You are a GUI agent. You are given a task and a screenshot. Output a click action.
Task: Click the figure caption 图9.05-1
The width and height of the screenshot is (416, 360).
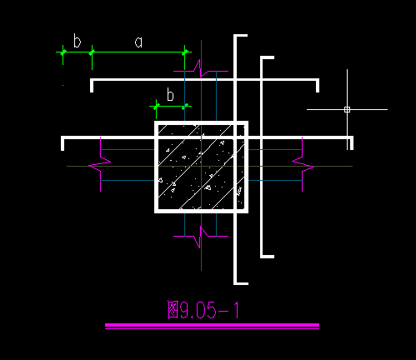(x=203, y=310)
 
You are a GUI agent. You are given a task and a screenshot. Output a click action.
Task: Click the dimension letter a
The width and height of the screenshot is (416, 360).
(x=138, y=42)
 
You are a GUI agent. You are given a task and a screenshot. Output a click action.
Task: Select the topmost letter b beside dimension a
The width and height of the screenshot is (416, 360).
(x=77, y=41)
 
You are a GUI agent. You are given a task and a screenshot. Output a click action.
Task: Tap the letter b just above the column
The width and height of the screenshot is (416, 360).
(x=170, y=94)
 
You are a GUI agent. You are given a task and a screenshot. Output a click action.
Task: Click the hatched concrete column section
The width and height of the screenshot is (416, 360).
(x=201, y=167)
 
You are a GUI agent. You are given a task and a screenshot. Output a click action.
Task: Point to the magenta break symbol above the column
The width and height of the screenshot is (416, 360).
(x=201, y=69)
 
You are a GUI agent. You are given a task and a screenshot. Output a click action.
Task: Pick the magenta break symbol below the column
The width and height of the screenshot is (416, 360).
(x=201, y=237)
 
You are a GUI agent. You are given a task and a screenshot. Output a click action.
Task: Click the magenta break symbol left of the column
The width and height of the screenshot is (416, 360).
(x=100, y=164)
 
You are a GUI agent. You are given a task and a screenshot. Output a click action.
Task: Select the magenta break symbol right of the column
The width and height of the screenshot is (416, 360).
(x=303, y=164)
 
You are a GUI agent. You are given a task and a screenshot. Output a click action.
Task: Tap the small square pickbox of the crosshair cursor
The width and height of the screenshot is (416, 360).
(x=347, y=109)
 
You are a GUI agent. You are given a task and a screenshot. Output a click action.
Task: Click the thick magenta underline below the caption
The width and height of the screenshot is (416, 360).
(x=212, y=325)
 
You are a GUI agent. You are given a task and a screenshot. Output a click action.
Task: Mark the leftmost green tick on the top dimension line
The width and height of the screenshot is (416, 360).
(x=63, y=52)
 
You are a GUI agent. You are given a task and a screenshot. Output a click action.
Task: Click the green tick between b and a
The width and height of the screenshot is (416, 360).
(x=92, y=52)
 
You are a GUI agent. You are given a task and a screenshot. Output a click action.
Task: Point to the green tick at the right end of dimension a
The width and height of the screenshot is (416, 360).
(x=185, y=52)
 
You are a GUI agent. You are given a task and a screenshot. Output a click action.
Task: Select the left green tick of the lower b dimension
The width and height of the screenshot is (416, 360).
(x=157, y=106)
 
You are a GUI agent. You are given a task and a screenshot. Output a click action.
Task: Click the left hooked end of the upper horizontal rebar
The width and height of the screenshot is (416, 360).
(x=92, y=85)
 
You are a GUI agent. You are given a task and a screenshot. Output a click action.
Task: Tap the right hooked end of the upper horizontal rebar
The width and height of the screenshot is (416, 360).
(x=318, y=85)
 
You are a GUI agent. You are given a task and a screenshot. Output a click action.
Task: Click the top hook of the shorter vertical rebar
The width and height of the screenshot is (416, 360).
(x=268, y=57)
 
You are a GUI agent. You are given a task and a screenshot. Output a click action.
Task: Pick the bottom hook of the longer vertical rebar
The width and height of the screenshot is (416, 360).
(x=241, y=283)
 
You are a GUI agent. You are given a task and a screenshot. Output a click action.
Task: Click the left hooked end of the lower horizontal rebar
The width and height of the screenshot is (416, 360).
(x=63, y=143)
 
